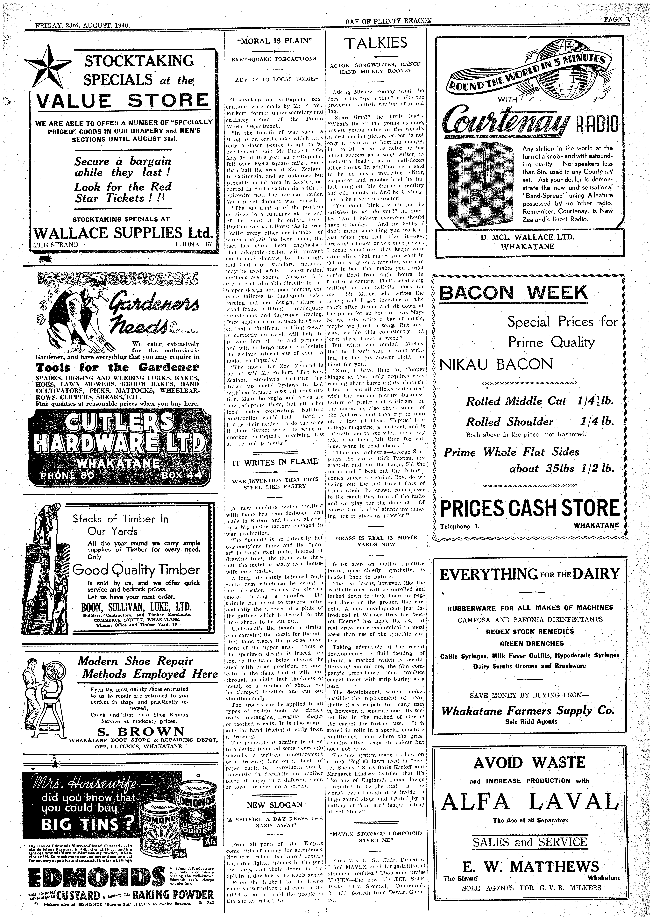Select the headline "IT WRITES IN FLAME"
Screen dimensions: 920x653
[275, 462]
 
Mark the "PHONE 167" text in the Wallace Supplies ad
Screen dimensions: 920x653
[193, 245]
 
